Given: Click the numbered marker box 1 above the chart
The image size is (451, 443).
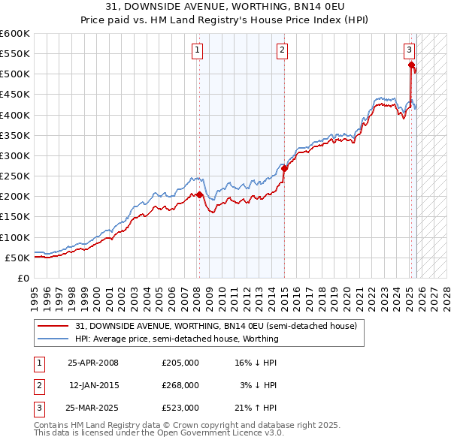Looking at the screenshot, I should (196, 50).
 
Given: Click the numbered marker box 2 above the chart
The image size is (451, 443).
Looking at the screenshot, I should (282, 50).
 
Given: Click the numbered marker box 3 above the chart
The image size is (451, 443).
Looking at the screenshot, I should (409, 50).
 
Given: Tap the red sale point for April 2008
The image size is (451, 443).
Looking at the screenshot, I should (199, 194).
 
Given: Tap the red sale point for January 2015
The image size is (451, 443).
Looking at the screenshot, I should (284, 169).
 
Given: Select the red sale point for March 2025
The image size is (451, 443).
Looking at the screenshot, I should (411, 65).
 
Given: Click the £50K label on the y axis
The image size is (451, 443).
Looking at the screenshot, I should (18, 258).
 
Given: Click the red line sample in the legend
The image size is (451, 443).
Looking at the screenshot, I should (54, 326).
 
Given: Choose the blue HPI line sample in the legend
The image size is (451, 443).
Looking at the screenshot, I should (54, 339).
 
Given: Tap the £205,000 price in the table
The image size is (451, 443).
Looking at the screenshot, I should (180, 363).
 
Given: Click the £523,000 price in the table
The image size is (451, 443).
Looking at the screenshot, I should (180, 408).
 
